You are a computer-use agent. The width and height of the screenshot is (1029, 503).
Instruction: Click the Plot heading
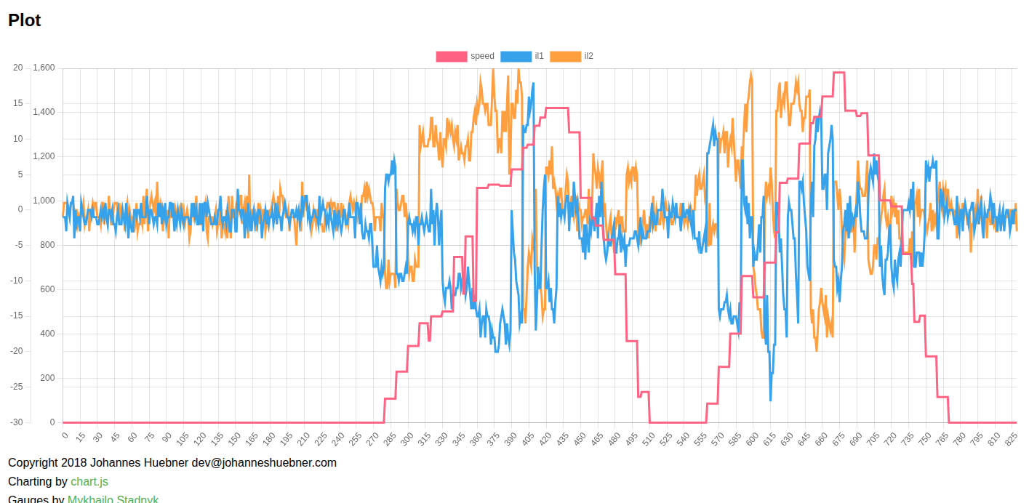coord(25,20)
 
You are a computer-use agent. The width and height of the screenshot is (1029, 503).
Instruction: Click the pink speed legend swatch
coord(451,57)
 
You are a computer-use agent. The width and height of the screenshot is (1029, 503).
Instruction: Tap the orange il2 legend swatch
coord(565,57)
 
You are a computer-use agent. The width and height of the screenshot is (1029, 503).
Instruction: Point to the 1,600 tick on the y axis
coord(43,68)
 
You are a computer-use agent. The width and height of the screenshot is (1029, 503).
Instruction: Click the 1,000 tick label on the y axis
coord(43,201)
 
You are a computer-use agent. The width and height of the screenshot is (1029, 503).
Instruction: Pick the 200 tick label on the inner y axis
coord(47,378)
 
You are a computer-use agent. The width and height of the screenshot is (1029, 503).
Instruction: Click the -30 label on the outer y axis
coord(16,422)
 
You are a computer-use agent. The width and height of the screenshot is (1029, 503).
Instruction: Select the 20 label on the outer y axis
coord(17,68)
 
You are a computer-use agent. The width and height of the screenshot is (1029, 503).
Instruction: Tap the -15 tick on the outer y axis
coord(16,315)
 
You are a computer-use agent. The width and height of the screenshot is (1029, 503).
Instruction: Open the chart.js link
coord(89,481)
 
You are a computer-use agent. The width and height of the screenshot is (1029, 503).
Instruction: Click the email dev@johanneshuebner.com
coord(264,462)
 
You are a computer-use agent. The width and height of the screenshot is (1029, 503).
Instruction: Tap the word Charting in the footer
coord(30,481)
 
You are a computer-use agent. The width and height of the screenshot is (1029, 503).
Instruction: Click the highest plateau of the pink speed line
coord(838,73)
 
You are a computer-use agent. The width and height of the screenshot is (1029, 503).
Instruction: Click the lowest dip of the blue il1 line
coord(771,399)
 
